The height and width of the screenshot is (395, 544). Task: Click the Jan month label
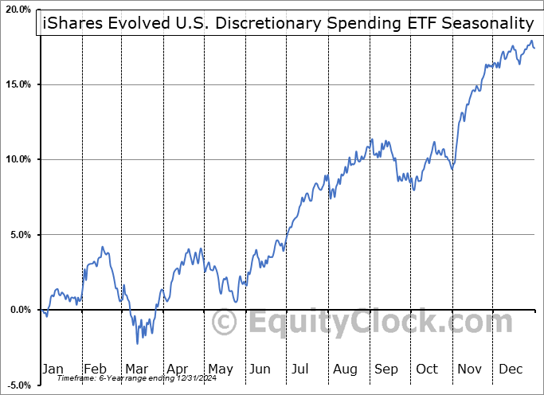(x=53, y=369)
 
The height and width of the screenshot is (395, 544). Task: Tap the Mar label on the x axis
(x=136, y=369)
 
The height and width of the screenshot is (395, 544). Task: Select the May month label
(x=220, y=369)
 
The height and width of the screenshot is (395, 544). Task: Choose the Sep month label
(x=387, y=369)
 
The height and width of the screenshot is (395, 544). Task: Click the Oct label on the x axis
(x=428, y=369)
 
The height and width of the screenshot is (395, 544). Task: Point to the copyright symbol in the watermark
(x=226, y=323)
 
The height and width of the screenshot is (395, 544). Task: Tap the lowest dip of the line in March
(x=137, y=343)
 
